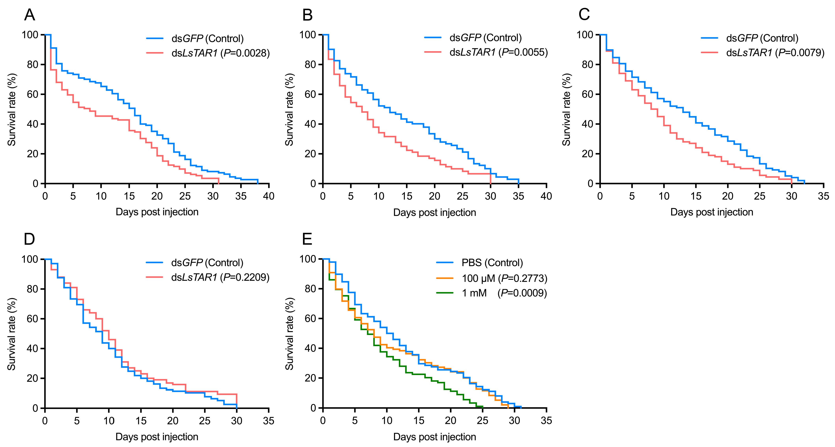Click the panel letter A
pyautogui.click(x=30, y=15)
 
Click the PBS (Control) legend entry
pyautogui.click(x=492, y=263)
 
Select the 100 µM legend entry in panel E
pyautogui.click(x=504, y=278)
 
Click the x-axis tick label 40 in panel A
pyautogui.click(x=269, y=196)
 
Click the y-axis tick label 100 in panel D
pyautogui.click(x=30, y=259)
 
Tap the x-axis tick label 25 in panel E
pyautogui.click(x=483, y=420)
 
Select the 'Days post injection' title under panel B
pyautogui.click(x=434, y=213)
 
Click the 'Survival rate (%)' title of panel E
pyautogui.click(x=289, y=334)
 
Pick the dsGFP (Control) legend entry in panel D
pyautogui.click(x=207, y=263)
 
